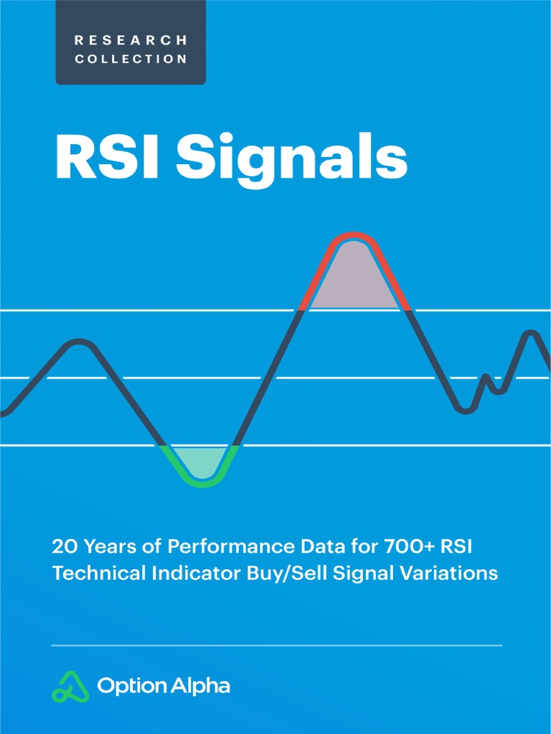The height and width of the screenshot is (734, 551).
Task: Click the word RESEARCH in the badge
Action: click(131, 39)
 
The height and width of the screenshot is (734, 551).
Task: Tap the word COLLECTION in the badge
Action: click(131, 59)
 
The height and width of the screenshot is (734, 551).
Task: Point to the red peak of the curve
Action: click(353, 237)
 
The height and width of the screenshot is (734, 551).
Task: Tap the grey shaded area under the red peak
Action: click(353, 280)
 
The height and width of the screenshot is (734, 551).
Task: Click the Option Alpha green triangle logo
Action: click(70, 686)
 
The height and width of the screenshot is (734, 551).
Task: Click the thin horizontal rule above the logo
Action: click(277, 645)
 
